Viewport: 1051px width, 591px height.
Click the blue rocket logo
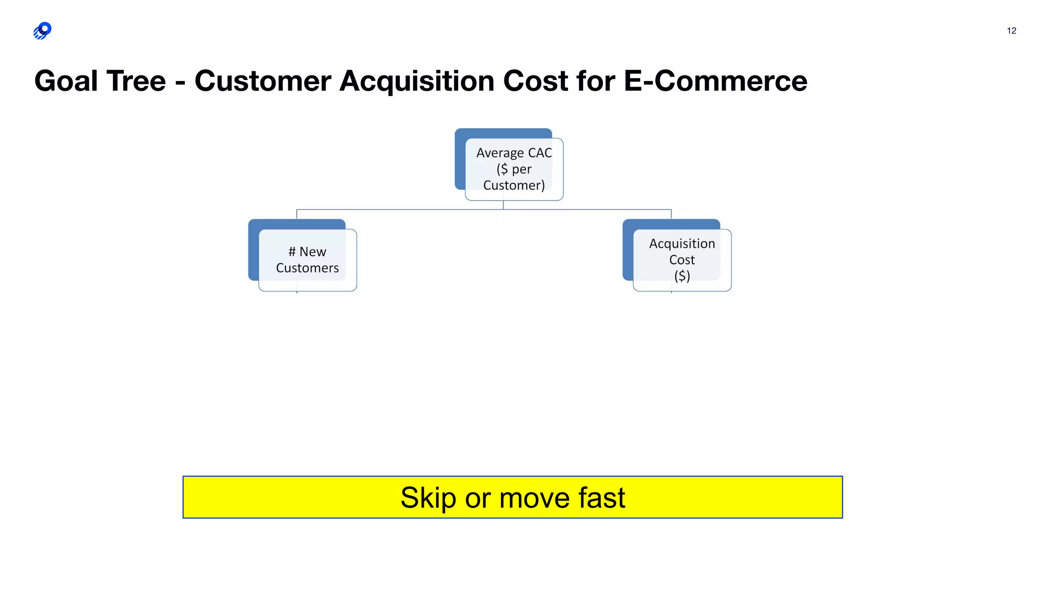(43, 31)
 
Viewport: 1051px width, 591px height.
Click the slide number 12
(1011, 31)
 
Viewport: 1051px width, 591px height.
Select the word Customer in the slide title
(263, 81)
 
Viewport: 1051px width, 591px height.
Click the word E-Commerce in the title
(715, 81)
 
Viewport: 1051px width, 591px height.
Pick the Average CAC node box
(514, 169)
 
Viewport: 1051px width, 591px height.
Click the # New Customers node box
(307, 260)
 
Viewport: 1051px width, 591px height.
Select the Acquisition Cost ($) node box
(682, 260)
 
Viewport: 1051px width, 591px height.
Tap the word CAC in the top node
(540, 153)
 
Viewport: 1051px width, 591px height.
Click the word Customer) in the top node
(514, 185)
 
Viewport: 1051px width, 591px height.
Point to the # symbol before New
(292, 251)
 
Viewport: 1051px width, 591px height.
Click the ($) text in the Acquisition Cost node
(682, 276)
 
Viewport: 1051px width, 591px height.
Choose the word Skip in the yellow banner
(428, 498)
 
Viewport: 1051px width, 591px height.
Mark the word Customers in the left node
(307, 268)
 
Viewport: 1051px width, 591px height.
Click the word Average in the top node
(500, 153)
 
